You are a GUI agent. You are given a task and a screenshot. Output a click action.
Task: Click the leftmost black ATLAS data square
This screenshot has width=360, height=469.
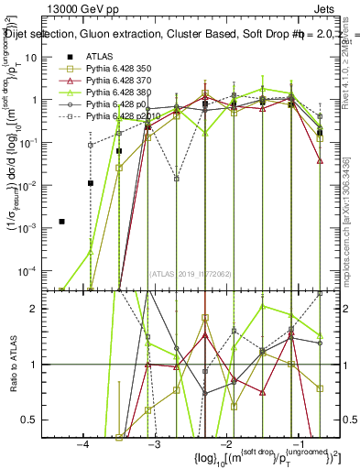(x=62, y=222)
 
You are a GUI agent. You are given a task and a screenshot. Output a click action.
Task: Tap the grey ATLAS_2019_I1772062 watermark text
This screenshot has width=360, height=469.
(x=191, y=273)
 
